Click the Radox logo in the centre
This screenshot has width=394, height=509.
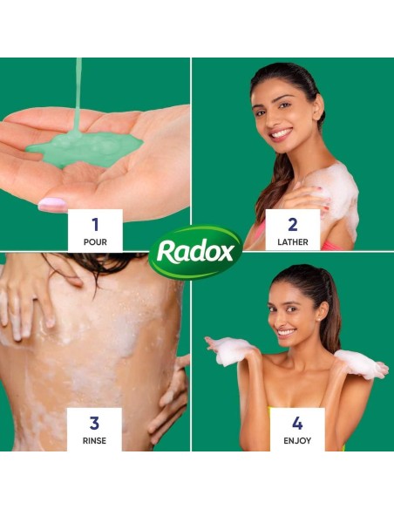click(x=195, y=252)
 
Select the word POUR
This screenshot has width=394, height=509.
click(x=95, y=241)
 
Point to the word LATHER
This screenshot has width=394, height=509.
click(x=293, y=241)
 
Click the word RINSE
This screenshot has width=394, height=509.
click(x=94, y=441)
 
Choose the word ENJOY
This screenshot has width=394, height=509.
click(x=297, y=441)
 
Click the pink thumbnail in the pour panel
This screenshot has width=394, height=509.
click(x=51, y=205)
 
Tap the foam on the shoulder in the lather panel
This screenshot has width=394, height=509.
click(x=336, y=196)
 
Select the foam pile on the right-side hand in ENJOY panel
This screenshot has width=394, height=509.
click(x=360, y=363)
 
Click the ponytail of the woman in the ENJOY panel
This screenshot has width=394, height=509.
click(x=329, y=309)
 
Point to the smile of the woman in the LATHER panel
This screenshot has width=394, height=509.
click(x=280, y=134)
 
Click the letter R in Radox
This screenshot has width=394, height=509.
click(x=166, y=251)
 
